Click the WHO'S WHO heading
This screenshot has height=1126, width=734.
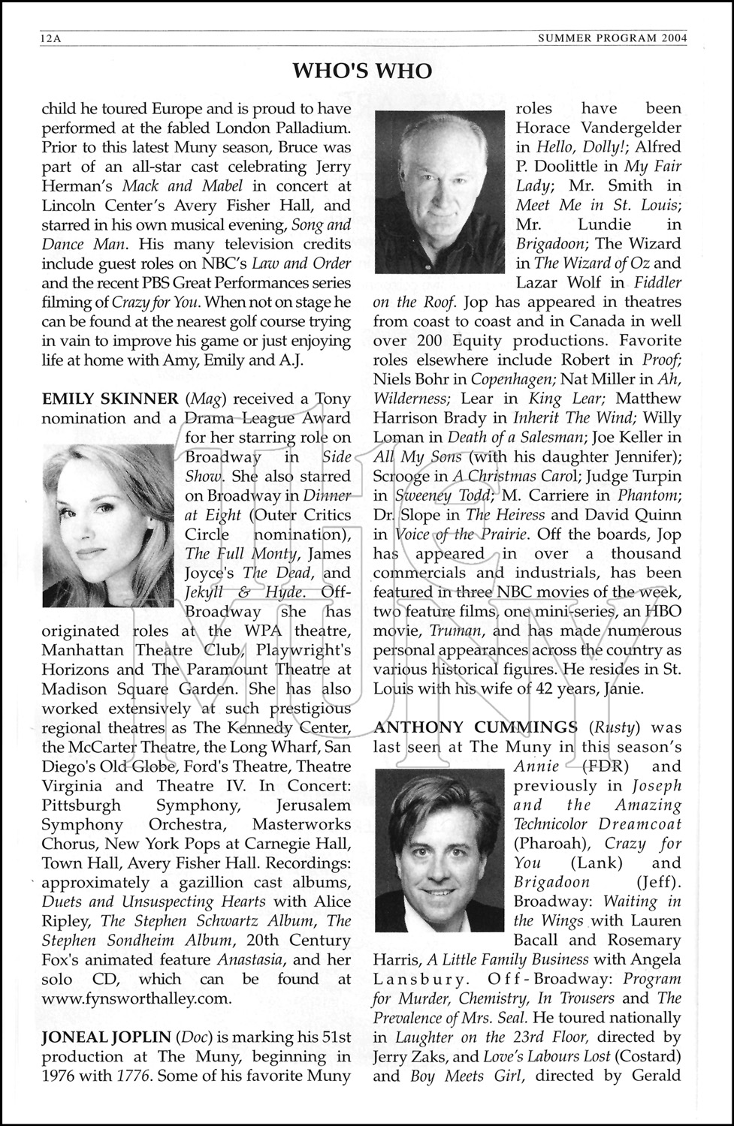click(x=362, y=71)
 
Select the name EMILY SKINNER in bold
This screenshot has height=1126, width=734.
click(x=110, y=399)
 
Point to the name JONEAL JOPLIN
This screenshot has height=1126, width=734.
click(x=106, y=1037)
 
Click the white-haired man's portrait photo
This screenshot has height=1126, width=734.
click(x=439, y=191)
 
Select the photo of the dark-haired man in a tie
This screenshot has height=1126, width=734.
click(x=439, y=850)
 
